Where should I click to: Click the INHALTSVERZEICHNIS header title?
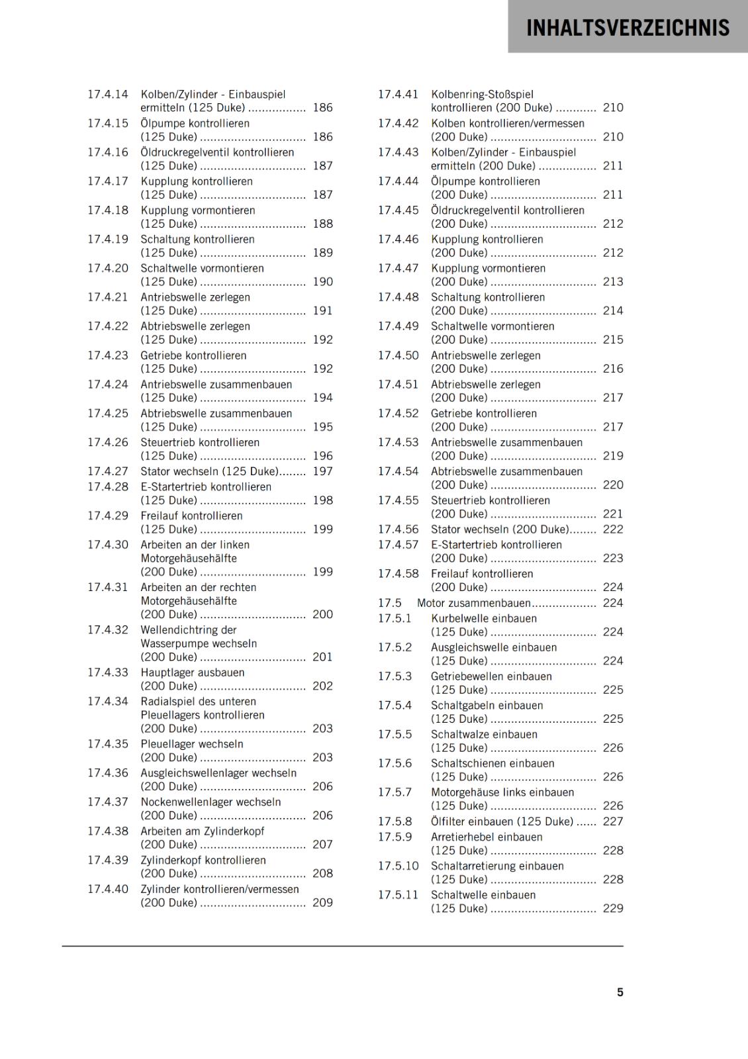coord(628,28)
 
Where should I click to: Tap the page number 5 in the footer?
coord(620,992)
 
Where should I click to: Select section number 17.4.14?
coord(108,94)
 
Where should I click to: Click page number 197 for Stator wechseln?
coord(323,471)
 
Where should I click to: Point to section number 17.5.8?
coord(395,821)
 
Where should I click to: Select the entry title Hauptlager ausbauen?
coord(193,672)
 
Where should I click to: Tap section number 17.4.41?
coord(398,94)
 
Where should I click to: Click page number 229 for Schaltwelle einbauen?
coord(613,909)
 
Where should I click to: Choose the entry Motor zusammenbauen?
coord(474,603)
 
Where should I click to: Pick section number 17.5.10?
coord(398,866)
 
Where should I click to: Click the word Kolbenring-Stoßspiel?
coord(482,94)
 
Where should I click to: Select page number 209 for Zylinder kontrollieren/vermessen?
coord(323,903)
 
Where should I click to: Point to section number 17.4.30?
coord(108,545)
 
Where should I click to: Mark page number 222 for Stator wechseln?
coord(613,529)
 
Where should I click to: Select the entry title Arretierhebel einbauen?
coord(487,837)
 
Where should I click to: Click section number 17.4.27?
coord(108,471)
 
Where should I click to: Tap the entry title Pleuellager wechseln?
coord(192,744)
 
